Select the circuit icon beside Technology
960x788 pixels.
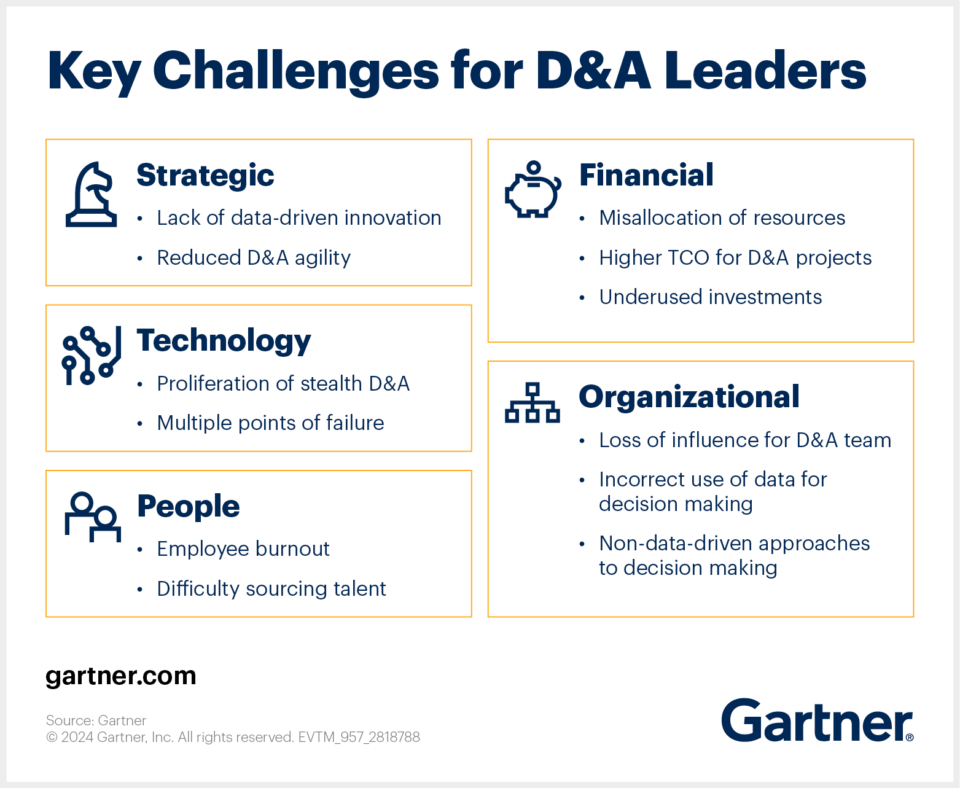(x=91, y=355)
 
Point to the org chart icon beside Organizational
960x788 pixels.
(x=532, y=402)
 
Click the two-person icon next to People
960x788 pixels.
(x=93, y=517)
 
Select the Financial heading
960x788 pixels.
(x=646, y=175)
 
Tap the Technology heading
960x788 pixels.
(x=224, y=341)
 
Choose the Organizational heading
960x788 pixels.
(x=689, y=397)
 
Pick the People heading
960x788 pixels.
(x=189, y=507)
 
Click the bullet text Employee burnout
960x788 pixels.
(x=243, y=549)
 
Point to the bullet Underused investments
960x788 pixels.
(x=711, y=297)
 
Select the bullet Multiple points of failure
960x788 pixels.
(x=270, y=423)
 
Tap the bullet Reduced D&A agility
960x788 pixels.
(x=254, y=258)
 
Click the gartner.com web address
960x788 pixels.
(x=121, y=676)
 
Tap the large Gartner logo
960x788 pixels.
(x=818, y=720)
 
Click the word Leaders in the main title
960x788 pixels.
(x=765, y=71)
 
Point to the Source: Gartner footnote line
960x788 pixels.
(x=96, y=720)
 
